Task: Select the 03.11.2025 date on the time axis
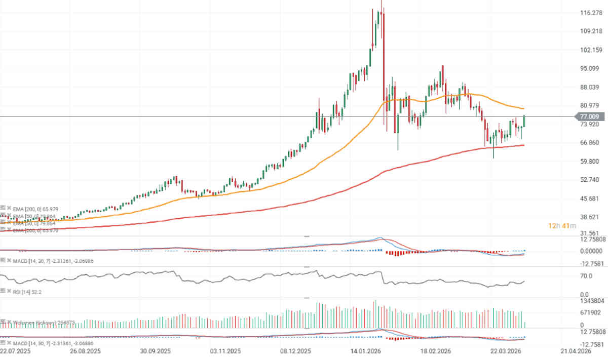point(224,351)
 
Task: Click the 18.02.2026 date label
point(435,351)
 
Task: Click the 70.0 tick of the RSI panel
point(587,276)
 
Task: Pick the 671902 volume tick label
point(590,312)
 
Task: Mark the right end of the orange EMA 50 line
point(523,108)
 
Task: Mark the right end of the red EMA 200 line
point(523,145)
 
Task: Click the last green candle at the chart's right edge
point(523,121)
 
